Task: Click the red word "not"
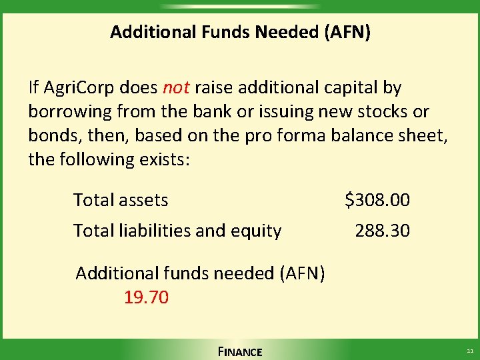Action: [x=177, y=87]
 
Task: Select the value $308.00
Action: [x=377, y=199]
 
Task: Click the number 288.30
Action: [x=383, y=231]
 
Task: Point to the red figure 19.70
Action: [x=146, y=297]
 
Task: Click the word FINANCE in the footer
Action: [x=240, y=351]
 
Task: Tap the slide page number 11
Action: [x=469, y=351]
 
